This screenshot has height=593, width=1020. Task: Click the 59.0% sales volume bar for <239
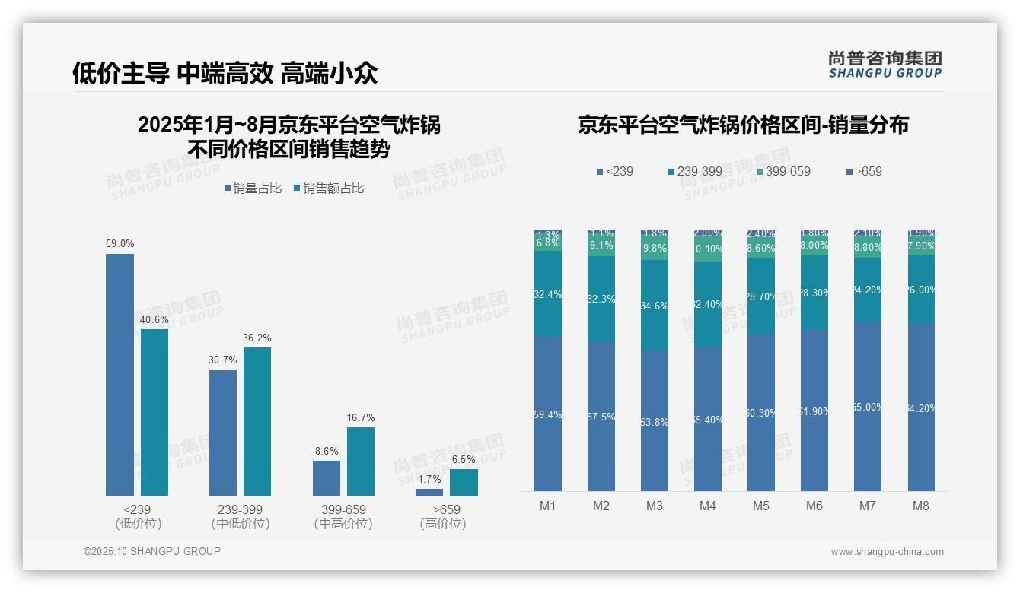pos(120,375)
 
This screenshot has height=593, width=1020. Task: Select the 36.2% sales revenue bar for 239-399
pos(257,421)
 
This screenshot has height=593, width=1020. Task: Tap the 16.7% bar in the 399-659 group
pos(361,461)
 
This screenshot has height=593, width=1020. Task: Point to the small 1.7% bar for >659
pos(429,492)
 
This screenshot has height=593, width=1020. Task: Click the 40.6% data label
pos(154,320)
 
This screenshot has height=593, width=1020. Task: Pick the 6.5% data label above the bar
pos(464,459)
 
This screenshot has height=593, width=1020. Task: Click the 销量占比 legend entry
pos(252,189)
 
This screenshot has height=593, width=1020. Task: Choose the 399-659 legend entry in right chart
pos(782,171)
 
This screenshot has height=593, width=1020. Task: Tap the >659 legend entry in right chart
pos(863,171)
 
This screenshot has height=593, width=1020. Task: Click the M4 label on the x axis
pos(708,506)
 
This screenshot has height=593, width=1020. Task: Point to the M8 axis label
pos(921,506)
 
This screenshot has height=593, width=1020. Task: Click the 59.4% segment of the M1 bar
pos(548,414)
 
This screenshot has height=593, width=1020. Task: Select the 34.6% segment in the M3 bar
pos(655,306)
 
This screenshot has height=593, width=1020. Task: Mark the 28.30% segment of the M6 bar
pos(814,293)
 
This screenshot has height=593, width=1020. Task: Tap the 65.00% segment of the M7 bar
pos(868,407)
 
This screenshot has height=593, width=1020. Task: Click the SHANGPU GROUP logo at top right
pos(885,65)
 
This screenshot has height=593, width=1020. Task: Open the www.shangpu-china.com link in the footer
pos(887,552)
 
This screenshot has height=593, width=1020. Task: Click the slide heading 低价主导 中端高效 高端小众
pos(225,73)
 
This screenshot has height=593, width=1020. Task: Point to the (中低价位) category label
pos(241,524)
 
